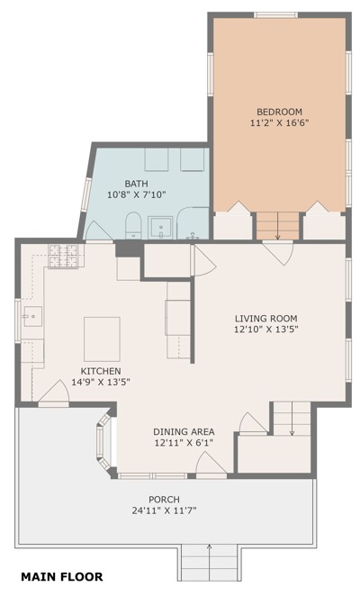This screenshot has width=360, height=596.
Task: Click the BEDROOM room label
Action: [x=279, y=112]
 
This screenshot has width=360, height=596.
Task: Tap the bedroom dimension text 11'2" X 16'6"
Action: [x=279, y=123]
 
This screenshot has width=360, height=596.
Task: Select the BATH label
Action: [x=137, y=184]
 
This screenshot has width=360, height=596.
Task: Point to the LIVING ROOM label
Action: [x=265, y=319]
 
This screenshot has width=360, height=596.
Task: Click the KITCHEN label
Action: [x=101, y=371]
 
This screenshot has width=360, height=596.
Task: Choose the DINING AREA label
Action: [x=184, y=432]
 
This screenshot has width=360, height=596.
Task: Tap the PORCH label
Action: [x=164, y=500]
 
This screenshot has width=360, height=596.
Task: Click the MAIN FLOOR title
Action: [x=61, y=576]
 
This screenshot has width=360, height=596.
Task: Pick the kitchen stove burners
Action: [x=63, y=256]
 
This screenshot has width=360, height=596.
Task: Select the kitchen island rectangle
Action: [x=102, y=339]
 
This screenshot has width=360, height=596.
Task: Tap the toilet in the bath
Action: [x=133, y=226]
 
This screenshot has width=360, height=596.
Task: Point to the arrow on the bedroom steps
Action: [x=278, y=226]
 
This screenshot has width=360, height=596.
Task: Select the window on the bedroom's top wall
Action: [x=275, y=15]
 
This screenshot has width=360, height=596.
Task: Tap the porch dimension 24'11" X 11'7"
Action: [x=164, y=510]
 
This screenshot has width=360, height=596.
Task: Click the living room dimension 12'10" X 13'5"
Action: [x=265, y=330]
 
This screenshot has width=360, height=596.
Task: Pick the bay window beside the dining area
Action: [x=103, y=442]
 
